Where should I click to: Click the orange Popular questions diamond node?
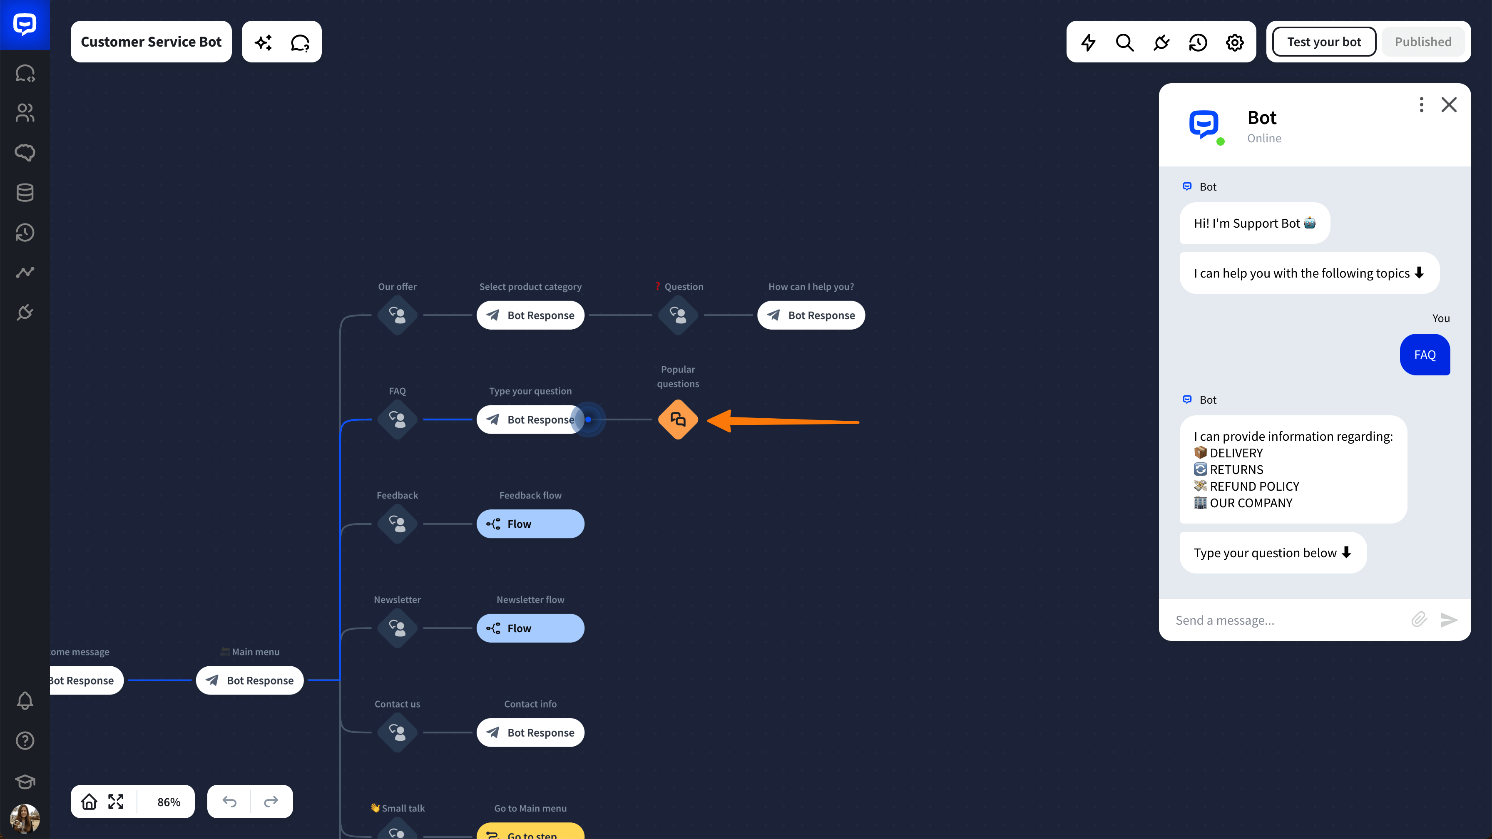678,419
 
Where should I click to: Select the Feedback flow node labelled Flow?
530,524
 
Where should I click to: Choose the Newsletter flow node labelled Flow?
530,628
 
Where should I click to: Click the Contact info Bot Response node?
530,732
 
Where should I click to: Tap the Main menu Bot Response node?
250,680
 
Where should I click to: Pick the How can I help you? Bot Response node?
811,315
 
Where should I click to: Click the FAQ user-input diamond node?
397,419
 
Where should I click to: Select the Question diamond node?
678,315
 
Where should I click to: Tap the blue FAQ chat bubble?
1425,355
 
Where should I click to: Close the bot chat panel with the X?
1449,105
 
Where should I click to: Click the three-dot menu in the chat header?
1421,105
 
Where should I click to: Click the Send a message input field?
1286,620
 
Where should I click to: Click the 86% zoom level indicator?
169,802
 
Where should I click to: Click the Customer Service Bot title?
151,42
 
